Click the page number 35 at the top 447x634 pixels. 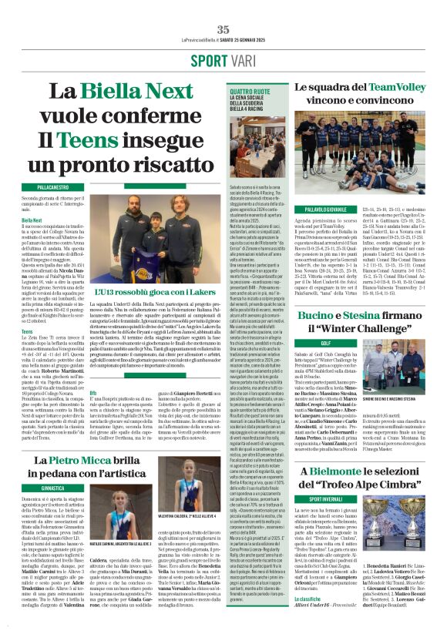point(223,29)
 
